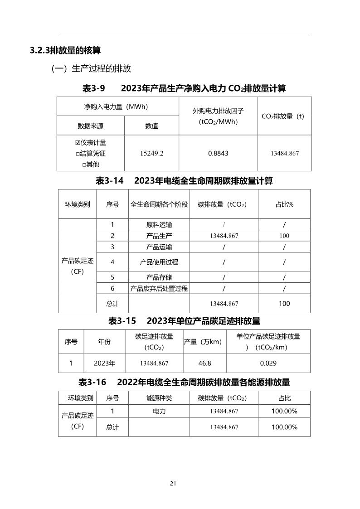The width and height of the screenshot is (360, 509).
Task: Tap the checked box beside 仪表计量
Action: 78,143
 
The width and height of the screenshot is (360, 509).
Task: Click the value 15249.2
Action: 152,153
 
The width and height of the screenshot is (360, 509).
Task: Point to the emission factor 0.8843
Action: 218,153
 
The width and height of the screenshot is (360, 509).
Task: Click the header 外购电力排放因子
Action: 218,111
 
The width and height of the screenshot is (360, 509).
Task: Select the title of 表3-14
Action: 184,181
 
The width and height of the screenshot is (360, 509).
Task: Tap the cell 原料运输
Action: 159,224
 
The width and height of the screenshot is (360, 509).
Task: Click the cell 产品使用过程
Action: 159,262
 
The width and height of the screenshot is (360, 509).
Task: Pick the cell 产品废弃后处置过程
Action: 159,288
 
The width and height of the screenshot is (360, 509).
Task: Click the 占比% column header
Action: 284,204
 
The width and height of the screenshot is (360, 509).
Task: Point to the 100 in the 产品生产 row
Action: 284,236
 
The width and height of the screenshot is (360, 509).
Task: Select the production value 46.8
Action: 205,363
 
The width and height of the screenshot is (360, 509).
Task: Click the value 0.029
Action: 268,363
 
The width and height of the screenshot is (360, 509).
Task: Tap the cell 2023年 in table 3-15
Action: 104,363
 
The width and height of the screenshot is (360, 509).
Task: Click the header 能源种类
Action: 159,398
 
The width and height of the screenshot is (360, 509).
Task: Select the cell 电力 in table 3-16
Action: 159,411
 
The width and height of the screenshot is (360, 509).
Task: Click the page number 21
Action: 173,483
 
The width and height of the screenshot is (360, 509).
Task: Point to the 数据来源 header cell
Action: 90,126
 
